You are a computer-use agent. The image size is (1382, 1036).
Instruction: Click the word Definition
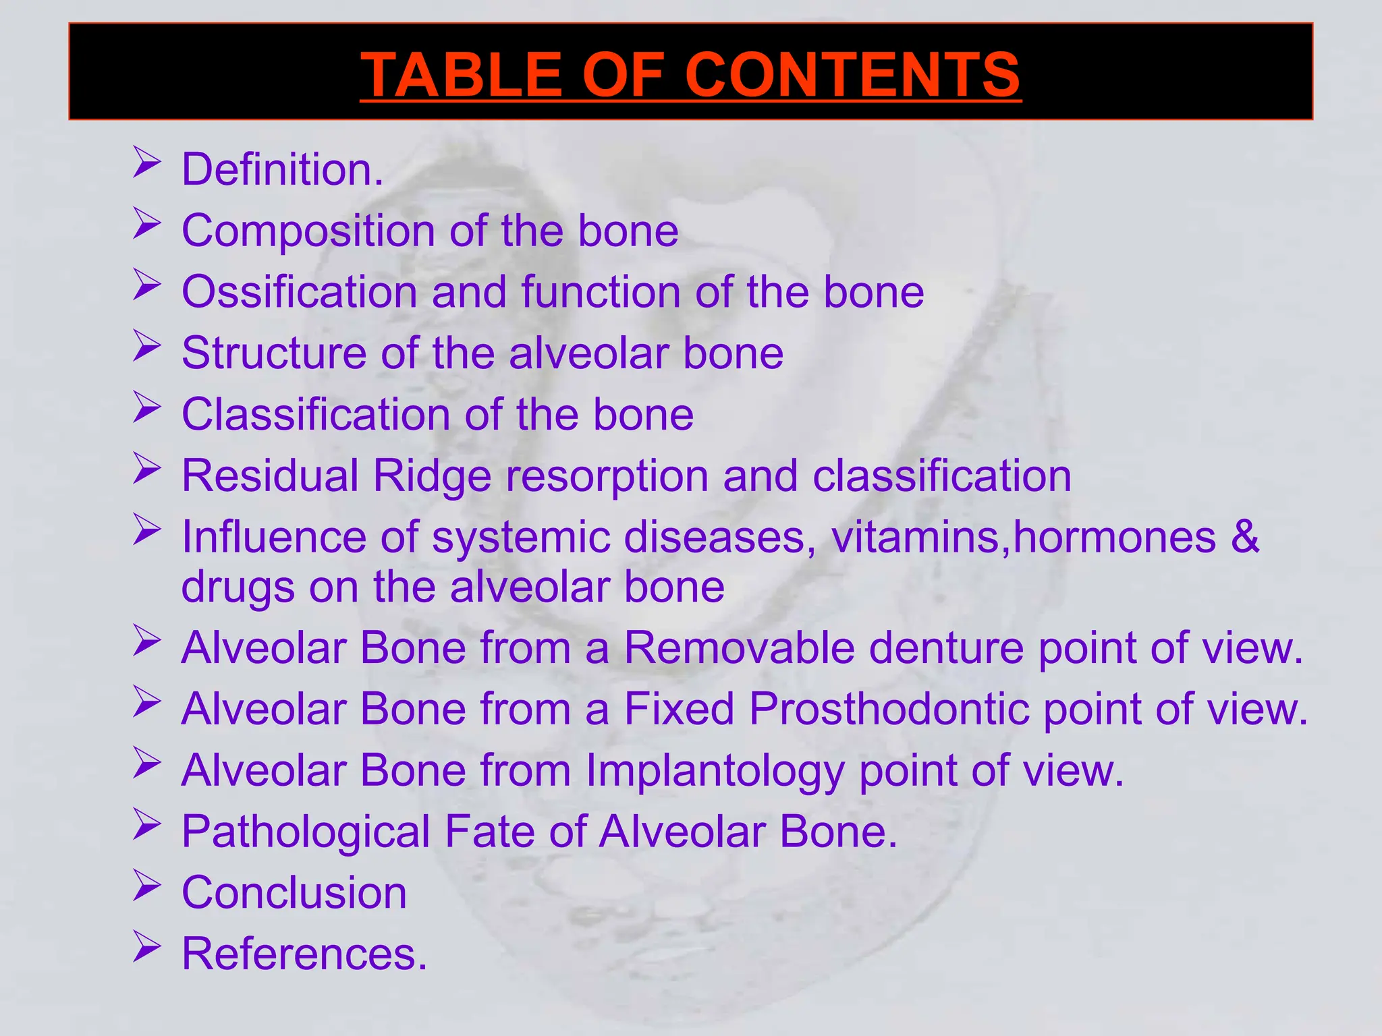tap(282, 169)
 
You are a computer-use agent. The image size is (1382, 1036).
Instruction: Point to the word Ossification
tap(299, 292)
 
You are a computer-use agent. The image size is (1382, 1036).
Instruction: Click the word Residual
tap(269, 476)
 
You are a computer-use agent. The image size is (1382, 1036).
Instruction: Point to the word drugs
tap(238, 587)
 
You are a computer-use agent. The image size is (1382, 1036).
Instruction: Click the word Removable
tap(740, 647)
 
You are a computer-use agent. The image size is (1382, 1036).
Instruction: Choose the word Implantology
tap(715, 770)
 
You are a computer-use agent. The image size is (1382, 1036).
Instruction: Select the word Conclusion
tap(294, 892)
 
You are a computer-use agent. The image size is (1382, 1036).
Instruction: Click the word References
tap(304, 954)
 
